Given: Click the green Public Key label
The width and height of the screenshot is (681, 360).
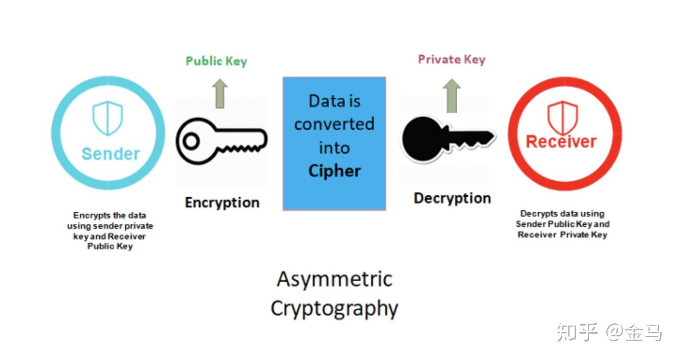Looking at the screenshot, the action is point(217,61).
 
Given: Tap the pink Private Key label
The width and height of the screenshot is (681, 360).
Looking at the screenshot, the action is point(452,59).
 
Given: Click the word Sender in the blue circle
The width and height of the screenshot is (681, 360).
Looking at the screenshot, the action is point(111,154).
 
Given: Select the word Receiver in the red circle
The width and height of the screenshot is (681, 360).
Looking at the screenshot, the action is point(561,142).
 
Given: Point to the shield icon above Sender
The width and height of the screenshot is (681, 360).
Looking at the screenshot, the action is point(108,118).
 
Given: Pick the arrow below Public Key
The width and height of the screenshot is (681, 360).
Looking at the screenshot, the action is point(220,94).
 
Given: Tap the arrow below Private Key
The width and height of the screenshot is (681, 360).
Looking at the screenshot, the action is point(452,96).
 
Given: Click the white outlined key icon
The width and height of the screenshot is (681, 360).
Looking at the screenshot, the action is point(222,141).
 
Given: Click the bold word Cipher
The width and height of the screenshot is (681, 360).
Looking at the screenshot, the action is point(334,171).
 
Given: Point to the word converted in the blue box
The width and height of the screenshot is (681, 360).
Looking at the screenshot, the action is point(334,124).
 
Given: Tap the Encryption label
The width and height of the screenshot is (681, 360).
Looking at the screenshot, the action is point(222,203).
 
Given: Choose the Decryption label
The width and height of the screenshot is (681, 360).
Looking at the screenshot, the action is point(453,198).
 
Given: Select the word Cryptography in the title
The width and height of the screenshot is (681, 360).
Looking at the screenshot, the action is point(334,309).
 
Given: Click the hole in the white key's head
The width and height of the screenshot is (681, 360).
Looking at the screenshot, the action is point(191,141).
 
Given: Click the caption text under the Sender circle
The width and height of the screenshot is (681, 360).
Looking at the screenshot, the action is point(110,231).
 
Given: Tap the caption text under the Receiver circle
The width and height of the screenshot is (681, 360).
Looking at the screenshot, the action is point(562,224).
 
